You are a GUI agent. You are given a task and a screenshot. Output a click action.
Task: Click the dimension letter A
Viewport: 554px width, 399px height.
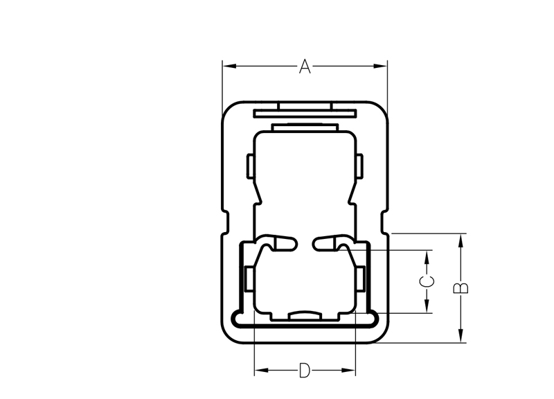(305, 66)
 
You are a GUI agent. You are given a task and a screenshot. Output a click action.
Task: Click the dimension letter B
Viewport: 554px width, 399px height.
(461, 288)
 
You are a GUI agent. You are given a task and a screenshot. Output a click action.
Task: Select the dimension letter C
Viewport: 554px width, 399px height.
(427, 282)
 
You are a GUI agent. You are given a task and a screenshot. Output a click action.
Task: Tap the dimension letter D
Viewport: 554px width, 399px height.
(304, 371)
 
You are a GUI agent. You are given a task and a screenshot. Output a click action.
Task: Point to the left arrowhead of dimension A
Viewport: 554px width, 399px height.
(229, 66)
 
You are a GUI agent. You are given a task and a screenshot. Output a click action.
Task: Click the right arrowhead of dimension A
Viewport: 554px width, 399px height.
(380, 66)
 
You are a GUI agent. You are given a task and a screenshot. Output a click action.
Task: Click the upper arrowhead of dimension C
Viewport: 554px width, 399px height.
(427, 257)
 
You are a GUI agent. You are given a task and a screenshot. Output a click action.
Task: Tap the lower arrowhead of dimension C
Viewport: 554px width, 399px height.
(427, 306)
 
